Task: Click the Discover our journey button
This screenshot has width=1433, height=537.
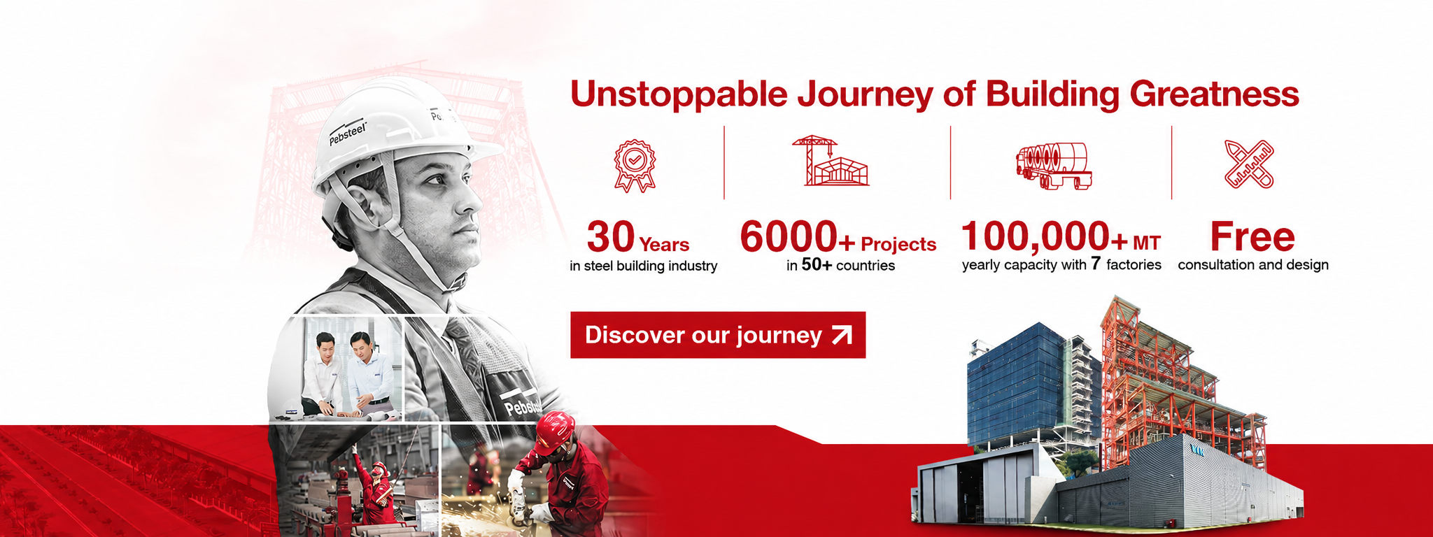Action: point(718,335)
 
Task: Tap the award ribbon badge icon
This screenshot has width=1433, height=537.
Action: point(635,166)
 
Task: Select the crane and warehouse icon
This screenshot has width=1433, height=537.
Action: point(831,161)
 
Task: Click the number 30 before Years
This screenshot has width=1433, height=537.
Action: point(611,237)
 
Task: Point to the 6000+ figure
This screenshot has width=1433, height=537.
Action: point(798,237)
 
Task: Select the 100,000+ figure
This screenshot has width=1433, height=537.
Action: point(1045,236)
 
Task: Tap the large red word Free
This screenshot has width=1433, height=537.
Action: point(1252,237)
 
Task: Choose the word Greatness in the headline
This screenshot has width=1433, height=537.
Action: point(1214,94)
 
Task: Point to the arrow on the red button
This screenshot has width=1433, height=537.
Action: point(842,335)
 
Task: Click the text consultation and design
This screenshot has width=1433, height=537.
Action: point(1253,265)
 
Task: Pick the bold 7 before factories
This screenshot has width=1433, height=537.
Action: point(1096,264)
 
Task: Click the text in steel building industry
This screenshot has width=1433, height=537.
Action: point(644,266)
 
